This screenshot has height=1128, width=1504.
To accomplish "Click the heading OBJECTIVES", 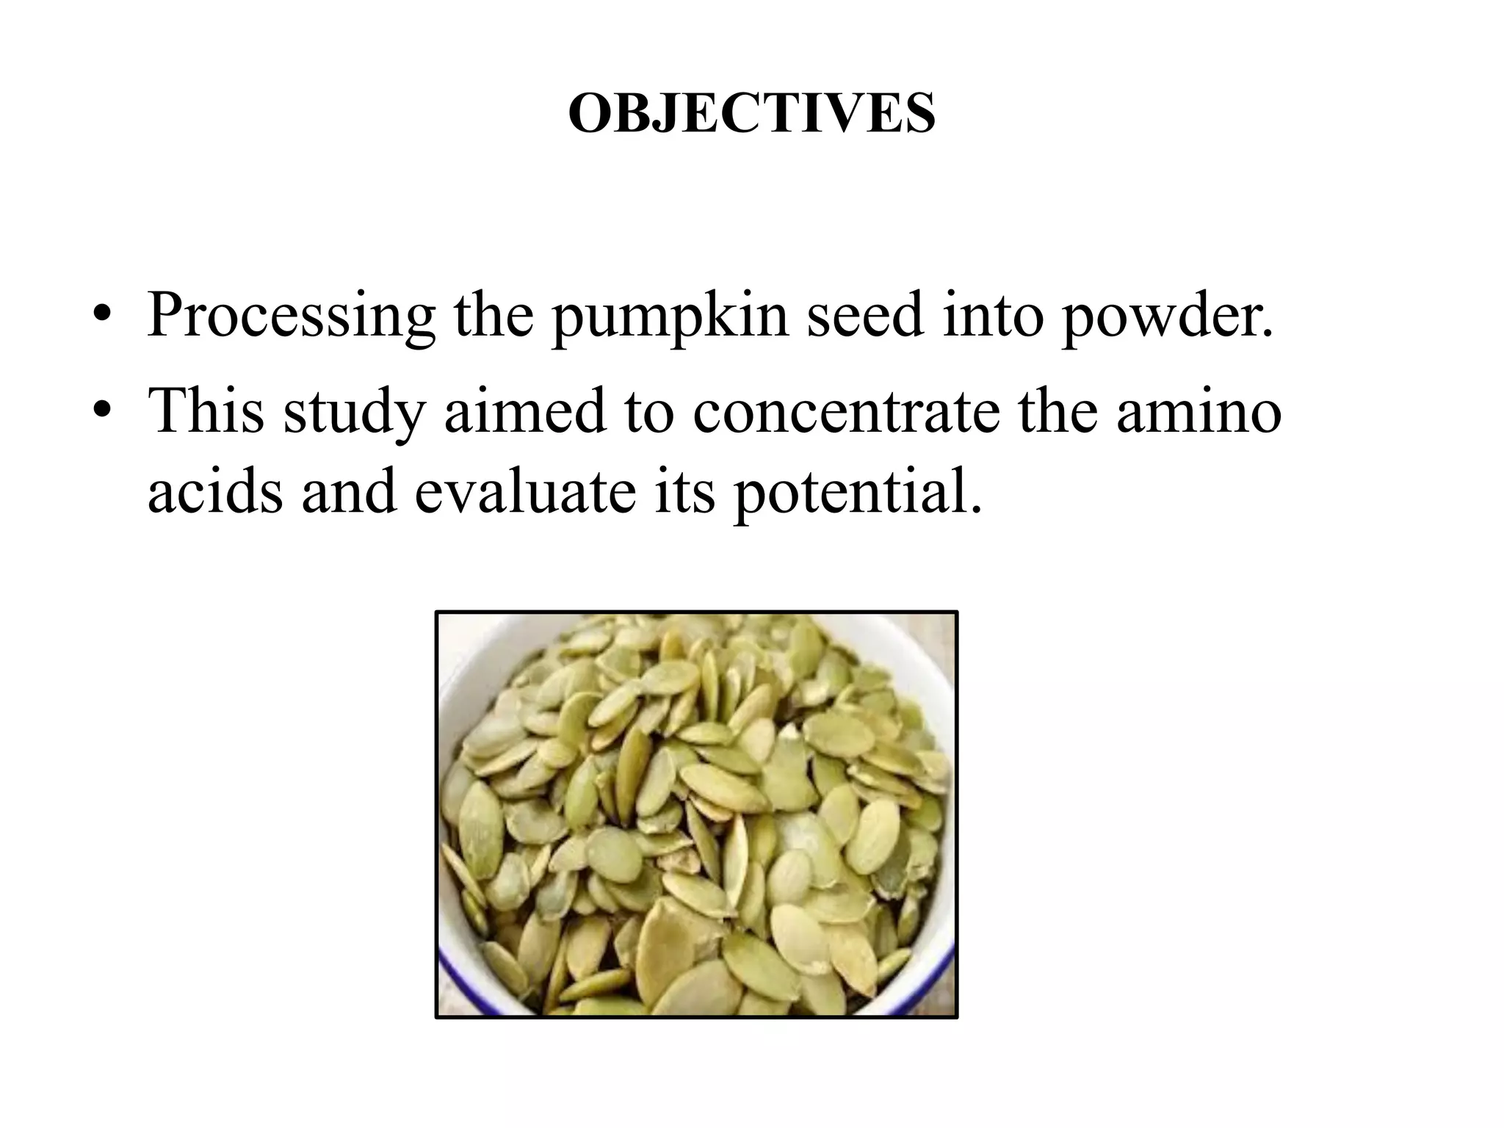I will pyautogui.click(x=751, y=114).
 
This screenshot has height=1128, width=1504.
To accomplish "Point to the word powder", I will pyautogui.click(x=1167, y=316).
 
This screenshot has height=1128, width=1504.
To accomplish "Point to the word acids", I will pyautogui.click(x=214, y=491).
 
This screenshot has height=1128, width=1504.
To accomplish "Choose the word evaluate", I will pyautogui.click(x=525, y=491).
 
